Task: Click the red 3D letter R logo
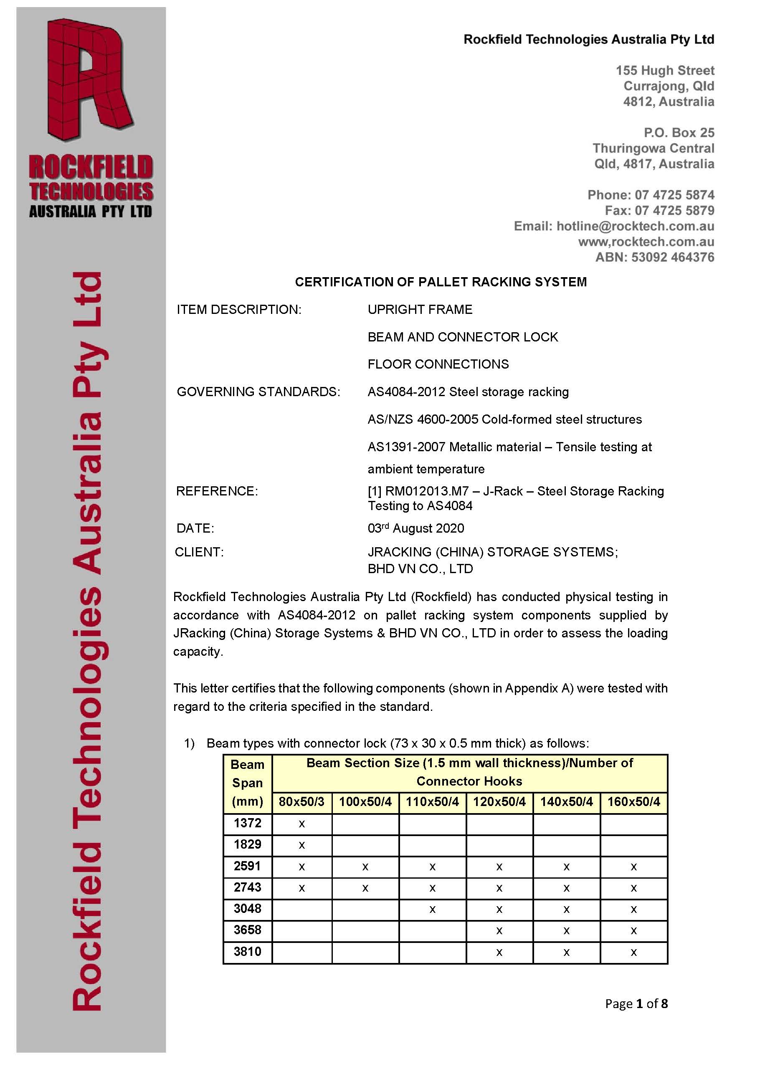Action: click(x=89, y=80)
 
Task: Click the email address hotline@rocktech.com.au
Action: click(x=635, y=226)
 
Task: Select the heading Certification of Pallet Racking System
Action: click(x=441, y=282)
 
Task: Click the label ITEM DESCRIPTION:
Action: click(x=239, y=310)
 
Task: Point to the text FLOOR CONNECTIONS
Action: click(x=438, y=364)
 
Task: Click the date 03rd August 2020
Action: click(x=415, y=528)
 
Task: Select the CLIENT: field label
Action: click(x=199, y=552)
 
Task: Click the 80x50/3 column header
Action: click(x=301, y=802)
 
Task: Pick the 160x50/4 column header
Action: click(x=633, y=802)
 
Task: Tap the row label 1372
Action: click(x=247, y=823)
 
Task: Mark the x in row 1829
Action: click(x=302, y=845)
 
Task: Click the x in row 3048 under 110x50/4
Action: click(x=433, y=910)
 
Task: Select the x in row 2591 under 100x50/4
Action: click(x=365, y=867)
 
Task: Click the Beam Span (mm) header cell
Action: click(x=247, y=783)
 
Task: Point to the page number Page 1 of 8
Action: click(x=636, y=1004)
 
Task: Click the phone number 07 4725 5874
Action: click(x=674, y=195)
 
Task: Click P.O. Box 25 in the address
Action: click(x=679, y=133)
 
